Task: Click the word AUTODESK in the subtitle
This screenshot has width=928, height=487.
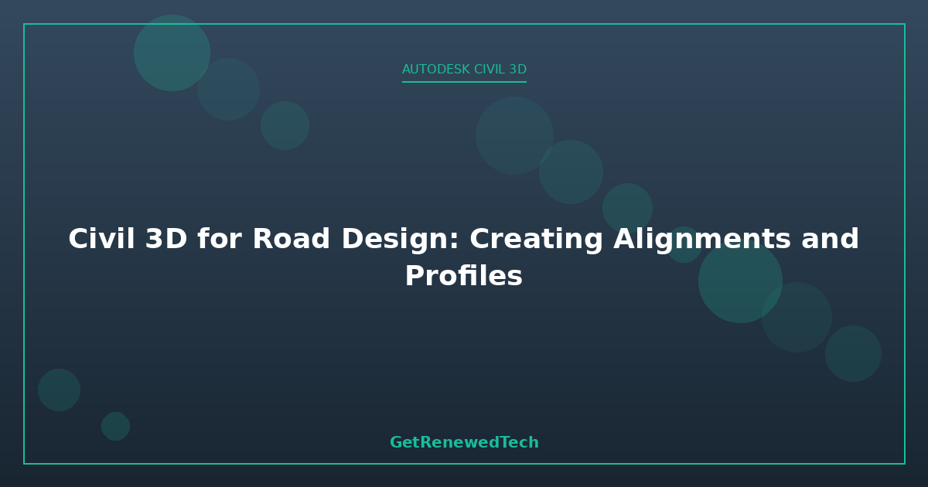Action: tap(436, 69)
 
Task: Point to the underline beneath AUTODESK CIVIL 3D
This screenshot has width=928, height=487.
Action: tap(464, 82)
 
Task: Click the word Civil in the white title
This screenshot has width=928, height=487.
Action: tap(101, 239)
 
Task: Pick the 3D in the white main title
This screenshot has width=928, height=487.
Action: tap(166, 239)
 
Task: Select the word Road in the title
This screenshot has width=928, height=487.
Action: tap(292, 239)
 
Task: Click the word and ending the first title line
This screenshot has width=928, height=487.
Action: tap(831, 239)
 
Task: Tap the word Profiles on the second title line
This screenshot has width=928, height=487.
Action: tap(463, 276)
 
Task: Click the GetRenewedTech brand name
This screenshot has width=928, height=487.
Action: tap(464, 442)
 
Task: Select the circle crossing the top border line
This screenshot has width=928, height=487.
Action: tap(172, 53)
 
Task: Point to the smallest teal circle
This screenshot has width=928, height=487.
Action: tap(115, 426)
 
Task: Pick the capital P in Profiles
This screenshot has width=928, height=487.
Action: tap(415, 276)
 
